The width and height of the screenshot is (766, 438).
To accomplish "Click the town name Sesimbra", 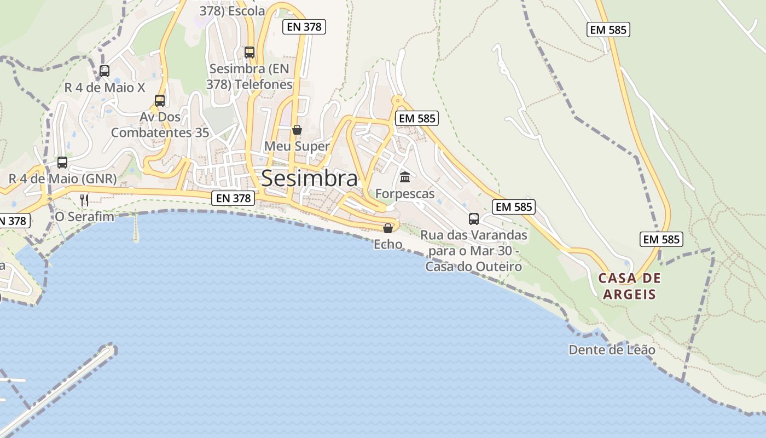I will pyautogui.click(x=310, y=178).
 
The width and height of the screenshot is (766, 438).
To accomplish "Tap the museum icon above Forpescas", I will pyautogui.click(x=405, y=177).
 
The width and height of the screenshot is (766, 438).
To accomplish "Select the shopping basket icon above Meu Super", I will pyautogui.click(x=297, y=130).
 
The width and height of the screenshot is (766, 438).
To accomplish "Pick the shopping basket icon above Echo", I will pyautogui.click(x=388, y=228).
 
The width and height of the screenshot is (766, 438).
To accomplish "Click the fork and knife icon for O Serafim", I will pyautogui.click(x=84, y=200).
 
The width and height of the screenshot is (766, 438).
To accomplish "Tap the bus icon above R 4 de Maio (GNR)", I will pyautogui.click(x=62, y=163).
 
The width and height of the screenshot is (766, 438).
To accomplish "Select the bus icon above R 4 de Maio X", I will pyautogui.click(x=105, y=71).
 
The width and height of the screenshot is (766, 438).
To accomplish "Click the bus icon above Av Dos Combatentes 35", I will pyautogui.click(x=160, y=101).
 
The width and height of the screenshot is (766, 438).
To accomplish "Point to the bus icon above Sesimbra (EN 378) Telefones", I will pyautogui.click(x=249, y=53).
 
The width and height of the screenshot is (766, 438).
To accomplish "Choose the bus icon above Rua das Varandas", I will pyautogui.click(x=474, y=219).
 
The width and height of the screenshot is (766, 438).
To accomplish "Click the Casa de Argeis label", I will pyautogui.click(x=629, y=286).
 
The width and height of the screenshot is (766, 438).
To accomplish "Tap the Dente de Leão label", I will pyautogui.click(x=612, y=350).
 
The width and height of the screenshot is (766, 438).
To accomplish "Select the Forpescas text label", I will pyautogui.click(x=405, y=194).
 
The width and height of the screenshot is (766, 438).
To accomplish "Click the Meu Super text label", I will pyautogui.click(x=297, y=146).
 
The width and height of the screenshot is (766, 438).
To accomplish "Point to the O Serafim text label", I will pyautogui.click(x=85, y=217).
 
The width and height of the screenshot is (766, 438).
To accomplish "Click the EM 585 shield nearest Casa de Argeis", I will pyautogui.click(x=661, y=239).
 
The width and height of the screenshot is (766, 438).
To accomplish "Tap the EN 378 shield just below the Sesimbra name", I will pyautogui.click(x=234, y=198).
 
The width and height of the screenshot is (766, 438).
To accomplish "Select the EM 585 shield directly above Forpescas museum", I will pyautogui.click(x=417, y=118).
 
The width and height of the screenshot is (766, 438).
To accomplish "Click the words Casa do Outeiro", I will pyautogui.click(x=473, y=267).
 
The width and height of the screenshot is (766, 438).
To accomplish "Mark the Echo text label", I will pyautogui.click(x=388, y=244).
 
